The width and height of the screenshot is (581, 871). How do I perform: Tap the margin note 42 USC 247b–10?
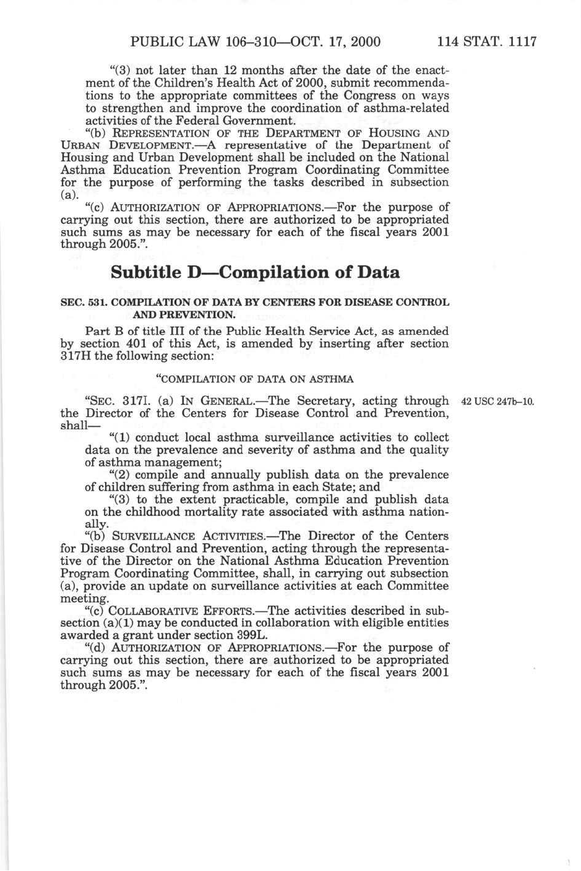tap(497, 401)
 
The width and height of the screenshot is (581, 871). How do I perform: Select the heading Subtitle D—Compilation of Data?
tap(255, 272)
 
